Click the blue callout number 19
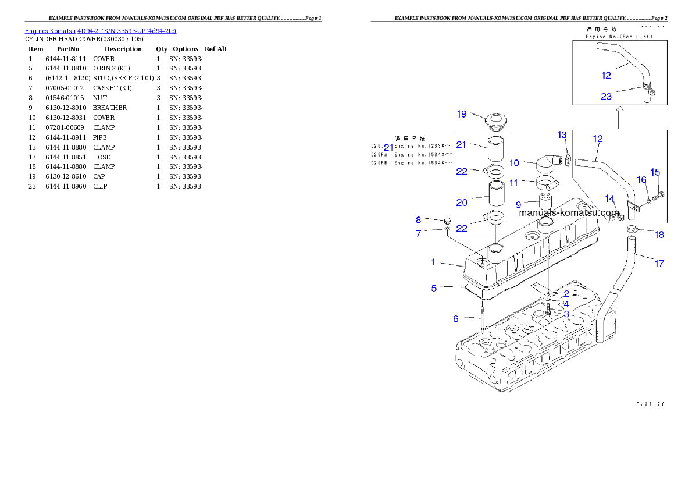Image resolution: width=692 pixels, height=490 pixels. pyautogui.click(x=461, y=114)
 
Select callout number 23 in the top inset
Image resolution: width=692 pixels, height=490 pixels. pyautogui.click(x=606, y=97)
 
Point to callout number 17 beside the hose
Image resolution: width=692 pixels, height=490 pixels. pyautogui.click(x=659, y=264)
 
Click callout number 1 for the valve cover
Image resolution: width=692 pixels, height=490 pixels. pyautogui.click(x=433, y=262)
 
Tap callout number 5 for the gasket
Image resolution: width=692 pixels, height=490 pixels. pyautogui.click(x=433, y=287)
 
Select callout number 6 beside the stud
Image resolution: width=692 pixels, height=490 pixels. pyautogui.click(x=456, y=318)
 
